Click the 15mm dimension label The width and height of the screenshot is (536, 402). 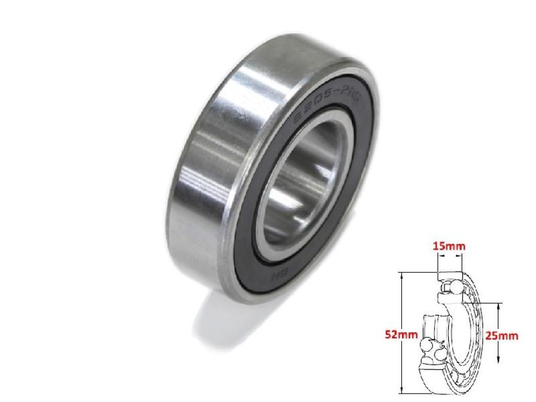[x=450, y=246]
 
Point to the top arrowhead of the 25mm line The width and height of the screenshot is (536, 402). [x=497, y=306]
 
